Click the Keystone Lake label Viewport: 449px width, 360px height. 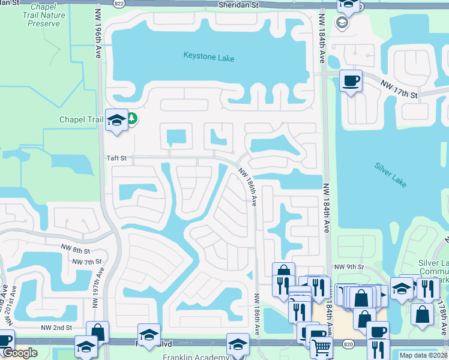[209, 58]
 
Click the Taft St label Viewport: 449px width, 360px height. [117, 158]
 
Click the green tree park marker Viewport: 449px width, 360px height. [131, 119]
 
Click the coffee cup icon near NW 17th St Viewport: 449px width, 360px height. [351, 80]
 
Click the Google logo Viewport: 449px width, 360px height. [19, 353]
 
